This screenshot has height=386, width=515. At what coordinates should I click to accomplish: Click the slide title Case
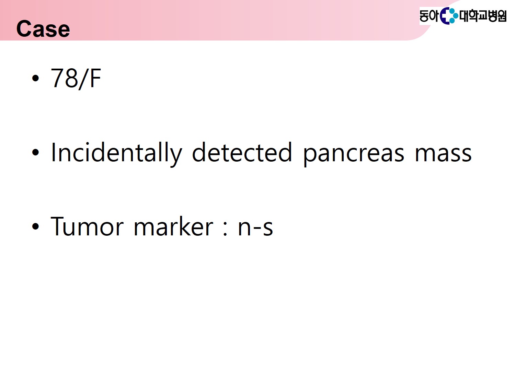click(x=43, y=28)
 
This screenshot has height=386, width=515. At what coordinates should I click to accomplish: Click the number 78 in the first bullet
click(x=64, y=78)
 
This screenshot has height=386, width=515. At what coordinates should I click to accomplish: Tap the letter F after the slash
click(x=95, y=78)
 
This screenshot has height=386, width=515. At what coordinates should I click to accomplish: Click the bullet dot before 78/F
click(x=35, y=78)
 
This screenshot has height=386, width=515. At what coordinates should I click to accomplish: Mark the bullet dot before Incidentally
click(x=35, y=153)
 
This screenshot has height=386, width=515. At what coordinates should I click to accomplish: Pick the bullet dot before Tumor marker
click(x=35, y=226)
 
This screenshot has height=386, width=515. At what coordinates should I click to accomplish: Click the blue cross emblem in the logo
click(x=449, y=16)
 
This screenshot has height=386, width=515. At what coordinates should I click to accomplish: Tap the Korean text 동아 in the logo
click(x=429, y=16)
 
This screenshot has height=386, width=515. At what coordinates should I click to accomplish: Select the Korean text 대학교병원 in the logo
click(x=483, y=16)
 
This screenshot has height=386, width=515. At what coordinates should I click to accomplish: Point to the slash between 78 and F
click(x=84, y=79)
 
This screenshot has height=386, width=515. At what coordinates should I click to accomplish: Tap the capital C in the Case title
click(x=24, y=28)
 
